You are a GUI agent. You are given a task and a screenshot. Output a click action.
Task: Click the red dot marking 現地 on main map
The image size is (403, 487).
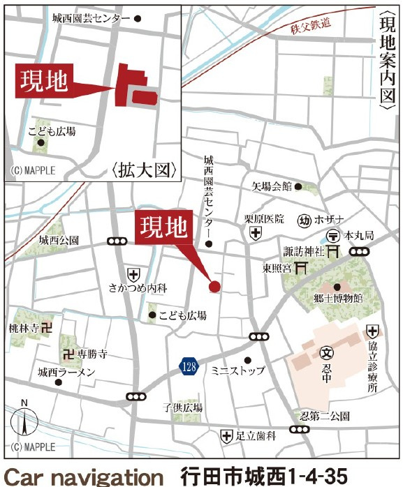point(214,285)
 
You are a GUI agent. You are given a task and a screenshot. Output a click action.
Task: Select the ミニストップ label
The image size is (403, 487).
point(238,371)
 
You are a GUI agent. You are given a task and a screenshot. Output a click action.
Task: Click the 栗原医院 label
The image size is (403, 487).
point(264,218)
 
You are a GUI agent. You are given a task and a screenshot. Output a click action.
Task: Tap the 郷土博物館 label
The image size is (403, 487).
point(339,298)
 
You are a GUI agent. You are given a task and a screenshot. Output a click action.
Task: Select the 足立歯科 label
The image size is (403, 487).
point(256,437)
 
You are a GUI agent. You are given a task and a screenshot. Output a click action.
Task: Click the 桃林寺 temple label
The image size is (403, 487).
point(23,326)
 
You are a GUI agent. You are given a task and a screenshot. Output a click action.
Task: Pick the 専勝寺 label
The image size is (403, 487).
point(91,354)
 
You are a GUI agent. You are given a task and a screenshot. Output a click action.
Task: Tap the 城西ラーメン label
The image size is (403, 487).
point(66,373)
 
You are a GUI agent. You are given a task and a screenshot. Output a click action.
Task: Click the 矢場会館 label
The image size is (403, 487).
point(271,186)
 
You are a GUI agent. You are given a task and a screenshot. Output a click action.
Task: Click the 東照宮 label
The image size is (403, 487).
point(277,267)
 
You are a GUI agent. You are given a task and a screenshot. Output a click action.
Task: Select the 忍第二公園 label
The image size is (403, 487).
point(321,417)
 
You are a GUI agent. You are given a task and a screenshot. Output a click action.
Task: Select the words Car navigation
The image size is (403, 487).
point(83,477)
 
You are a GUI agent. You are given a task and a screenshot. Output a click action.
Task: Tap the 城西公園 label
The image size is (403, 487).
point(59,241)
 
